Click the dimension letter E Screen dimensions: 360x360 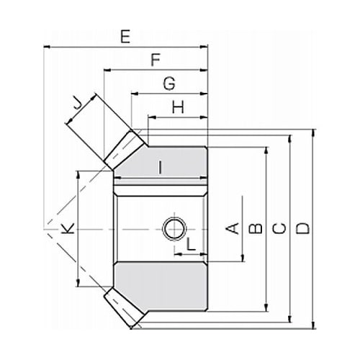(125, 37)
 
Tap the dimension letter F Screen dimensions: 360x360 (156, 60)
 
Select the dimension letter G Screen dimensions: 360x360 (169, 84)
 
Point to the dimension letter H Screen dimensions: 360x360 (178, 107)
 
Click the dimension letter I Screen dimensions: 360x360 (161, 167)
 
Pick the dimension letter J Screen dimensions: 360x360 (77, 104)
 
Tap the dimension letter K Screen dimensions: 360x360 (68, 228)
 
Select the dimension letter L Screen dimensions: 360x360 (191, 245)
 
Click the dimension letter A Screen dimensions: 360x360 (233, 228)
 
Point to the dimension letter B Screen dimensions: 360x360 (256, 229)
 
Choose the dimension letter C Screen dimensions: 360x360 (279, 228)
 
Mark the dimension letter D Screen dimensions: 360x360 (302, 228)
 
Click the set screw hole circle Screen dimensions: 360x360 (174, 229)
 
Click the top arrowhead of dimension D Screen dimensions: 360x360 (313, 132)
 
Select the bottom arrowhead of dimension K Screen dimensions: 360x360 (78, 283)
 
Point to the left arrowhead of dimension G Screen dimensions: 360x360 (135, 94)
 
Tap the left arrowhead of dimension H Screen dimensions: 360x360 (152, 117)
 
